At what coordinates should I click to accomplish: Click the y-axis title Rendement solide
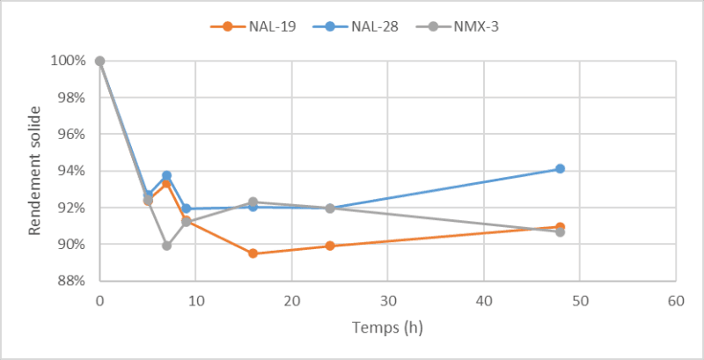pos(35,171)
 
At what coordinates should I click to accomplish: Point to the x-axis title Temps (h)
pos(387,328)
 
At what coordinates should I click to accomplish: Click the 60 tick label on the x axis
pos(675,300)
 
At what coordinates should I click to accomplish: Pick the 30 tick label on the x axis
pos(387,300)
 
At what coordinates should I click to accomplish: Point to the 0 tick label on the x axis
pos(99,300)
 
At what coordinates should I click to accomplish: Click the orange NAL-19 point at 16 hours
pos(253,253)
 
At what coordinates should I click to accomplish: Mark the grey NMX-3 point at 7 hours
pos(166,246)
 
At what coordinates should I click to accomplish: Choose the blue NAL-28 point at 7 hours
pos(166,175)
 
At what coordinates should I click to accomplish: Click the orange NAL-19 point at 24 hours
pos(330,246)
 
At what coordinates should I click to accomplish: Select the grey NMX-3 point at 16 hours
pos(253,202)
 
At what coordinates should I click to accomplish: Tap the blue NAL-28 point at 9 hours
pos(186,209)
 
